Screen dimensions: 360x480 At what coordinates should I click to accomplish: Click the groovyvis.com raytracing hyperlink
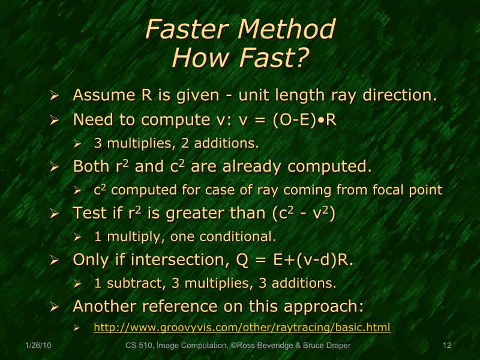242,328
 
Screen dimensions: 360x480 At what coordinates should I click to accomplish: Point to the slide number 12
446,346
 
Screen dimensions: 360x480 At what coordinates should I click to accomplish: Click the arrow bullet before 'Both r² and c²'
55,166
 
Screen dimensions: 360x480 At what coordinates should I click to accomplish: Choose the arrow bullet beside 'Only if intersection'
55,260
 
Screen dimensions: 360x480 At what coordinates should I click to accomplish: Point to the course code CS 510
139,346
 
